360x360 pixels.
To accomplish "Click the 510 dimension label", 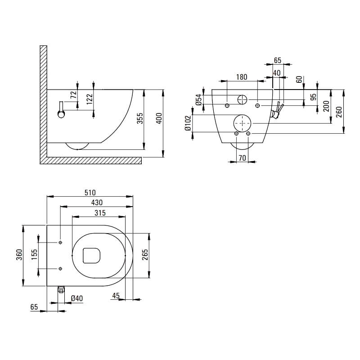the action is tap(90, 193).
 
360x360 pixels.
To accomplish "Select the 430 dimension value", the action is tap(97, 202).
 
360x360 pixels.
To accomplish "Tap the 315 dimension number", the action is tap(100, 213).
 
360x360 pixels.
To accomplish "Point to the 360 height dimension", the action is tap(19, 255).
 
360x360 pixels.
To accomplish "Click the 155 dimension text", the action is tap(34, 255).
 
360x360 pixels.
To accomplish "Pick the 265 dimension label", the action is tap(145, 255).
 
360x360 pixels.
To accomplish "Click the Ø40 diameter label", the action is tap(77, 298).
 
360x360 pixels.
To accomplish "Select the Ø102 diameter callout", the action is tap(188, 123).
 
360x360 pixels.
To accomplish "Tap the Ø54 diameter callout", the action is tap(199, 100).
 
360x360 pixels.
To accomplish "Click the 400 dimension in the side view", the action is tap(159, 118).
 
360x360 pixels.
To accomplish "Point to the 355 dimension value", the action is tap(140, 118).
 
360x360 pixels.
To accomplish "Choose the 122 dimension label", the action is tap(90, 99).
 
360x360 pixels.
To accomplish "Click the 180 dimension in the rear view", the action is tap(242, 77).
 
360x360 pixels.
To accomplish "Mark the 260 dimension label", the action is tap(339, 112).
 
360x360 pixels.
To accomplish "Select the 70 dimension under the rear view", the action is tap(242, 158).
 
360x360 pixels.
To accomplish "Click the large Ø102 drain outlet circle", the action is tap(243, 123).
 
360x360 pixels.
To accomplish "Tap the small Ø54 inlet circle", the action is tap(242, 99).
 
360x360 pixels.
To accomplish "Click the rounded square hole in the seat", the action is tap(92, 256).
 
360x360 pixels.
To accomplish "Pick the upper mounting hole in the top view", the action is tap(60, 243).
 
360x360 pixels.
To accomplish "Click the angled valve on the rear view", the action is tap(277, 110).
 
